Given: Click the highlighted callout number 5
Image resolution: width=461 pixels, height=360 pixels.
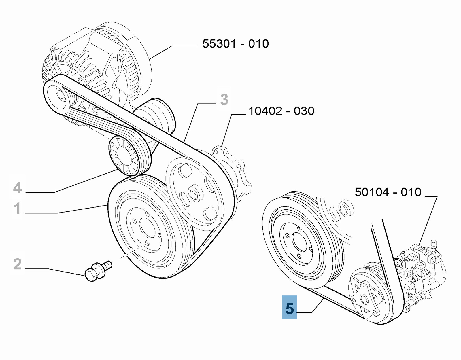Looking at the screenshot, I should coord(290,308).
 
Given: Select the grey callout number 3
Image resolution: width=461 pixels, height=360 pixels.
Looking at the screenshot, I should coord(224,100).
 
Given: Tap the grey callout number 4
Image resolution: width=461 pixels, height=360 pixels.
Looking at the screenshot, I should coord(17,188).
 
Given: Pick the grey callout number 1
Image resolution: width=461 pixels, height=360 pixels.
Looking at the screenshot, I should coord(17,209).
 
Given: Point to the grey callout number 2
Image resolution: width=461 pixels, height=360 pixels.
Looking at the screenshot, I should coord(17,264).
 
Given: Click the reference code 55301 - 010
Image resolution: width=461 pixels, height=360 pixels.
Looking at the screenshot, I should coord(235,44).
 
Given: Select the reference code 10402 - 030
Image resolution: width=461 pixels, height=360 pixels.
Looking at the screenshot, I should coord(281,111).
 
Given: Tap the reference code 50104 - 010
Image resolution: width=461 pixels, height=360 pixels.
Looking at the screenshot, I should coord(388,192).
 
